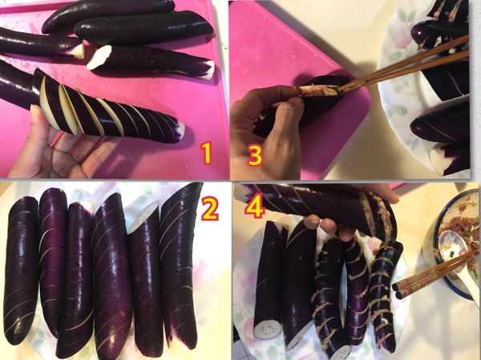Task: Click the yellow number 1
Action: [x=207, y=152]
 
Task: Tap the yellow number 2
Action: [x=210, y=209]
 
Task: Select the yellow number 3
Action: [x=255, y=155]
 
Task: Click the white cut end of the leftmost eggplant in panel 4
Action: [x=268, y=329]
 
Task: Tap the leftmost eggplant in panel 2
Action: [x=21, y=270]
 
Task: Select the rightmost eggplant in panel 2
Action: [x=180, y=264]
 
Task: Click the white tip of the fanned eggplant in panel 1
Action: [x=181, y=128]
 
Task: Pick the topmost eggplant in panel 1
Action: [x=108, y=15]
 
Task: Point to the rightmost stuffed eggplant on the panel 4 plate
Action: [x=385, y=296]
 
